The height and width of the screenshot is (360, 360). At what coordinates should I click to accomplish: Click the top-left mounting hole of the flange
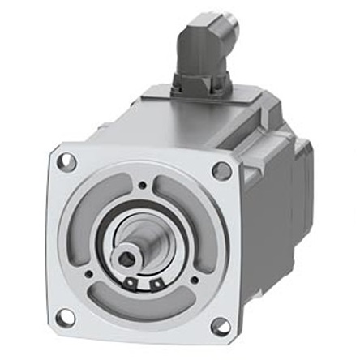click(68, 161)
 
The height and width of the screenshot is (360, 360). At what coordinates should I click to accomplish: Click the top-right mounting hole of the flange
click(221, 170)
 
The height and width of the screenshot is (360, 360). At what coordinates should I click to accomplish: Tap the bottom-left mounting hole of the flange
click(65, 316)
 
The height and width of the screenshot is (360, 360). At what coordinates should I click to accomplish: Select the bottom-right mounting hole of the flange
click(220, 326)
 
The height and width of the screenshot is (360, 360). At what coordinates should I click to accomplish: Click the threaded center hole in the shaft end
click(126, 259)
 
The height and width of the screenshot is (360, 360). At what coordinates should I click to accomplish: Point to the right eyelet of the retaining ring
click(153, 285)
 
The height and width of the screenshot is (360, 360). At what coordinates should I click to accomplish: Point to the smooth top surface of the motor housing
click(186, 130)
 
